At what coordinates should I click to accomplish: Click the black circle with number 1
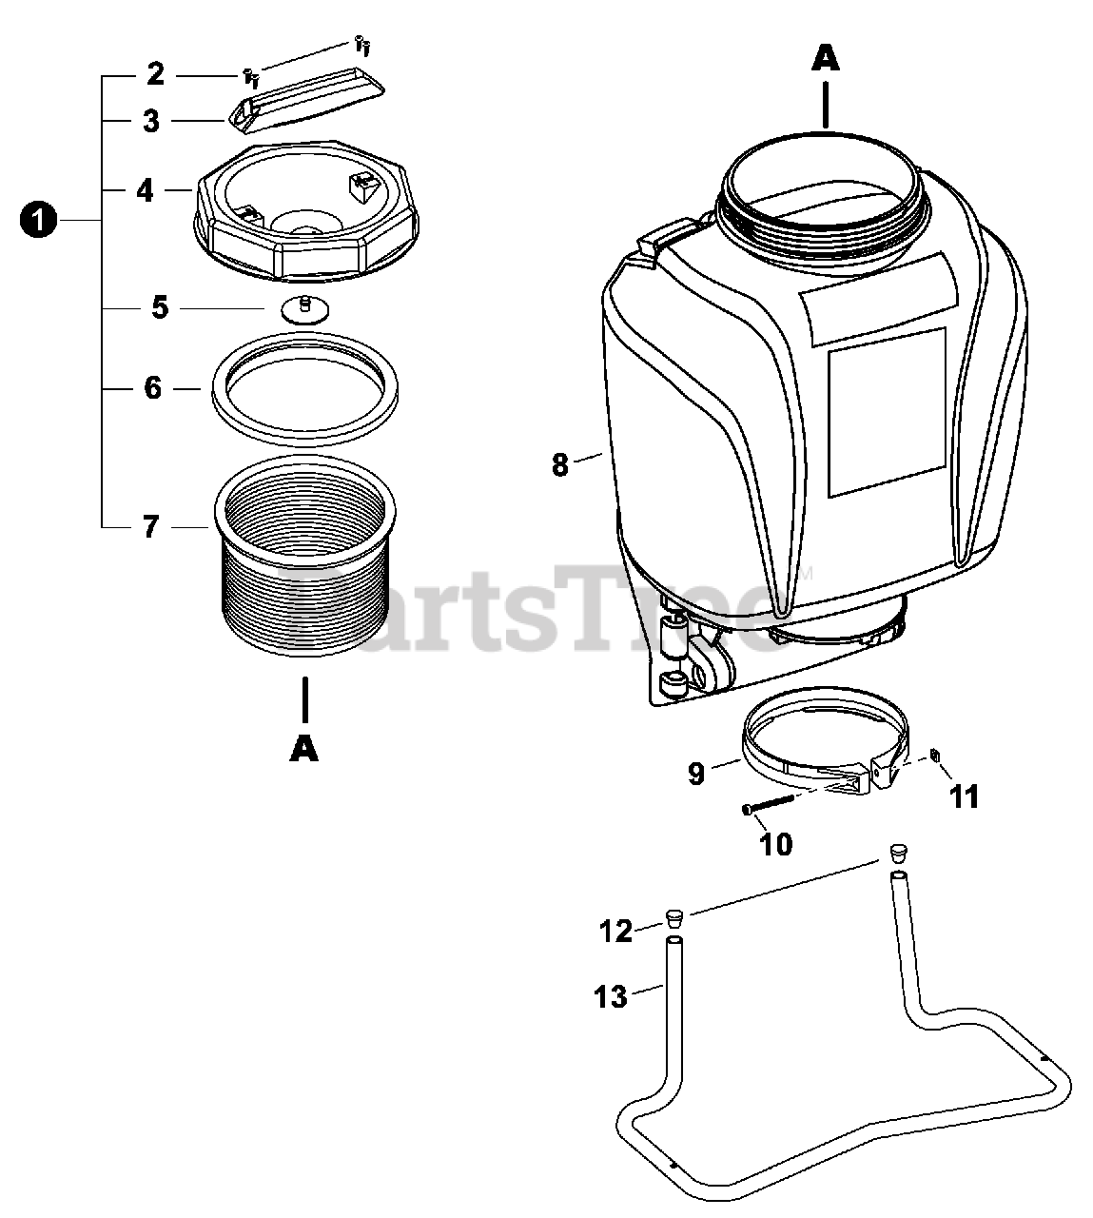(38, 220)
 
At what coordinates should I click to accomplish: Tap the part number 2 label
(155, 74)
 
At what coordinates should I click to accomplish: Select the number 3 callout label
(151, 121)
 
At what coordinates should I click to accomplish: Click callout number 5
(159, 307)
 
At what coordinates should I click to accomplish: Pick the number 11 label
(965, 797)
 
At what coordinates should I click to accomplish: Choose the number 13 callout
(610, 997)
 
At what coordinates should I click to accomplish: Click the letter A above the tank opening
(826, 60)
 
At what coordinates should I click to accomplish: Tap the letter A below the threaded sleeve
(304, 749)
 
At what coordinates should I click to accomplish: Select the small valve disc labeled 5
(305, 309)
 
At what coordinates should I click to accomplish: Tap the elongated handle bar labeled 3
(306, 102)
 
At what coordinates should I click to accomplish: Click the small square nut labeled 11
(934, 755)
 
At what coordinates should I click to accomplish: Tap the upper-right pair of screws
(362, 46)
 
